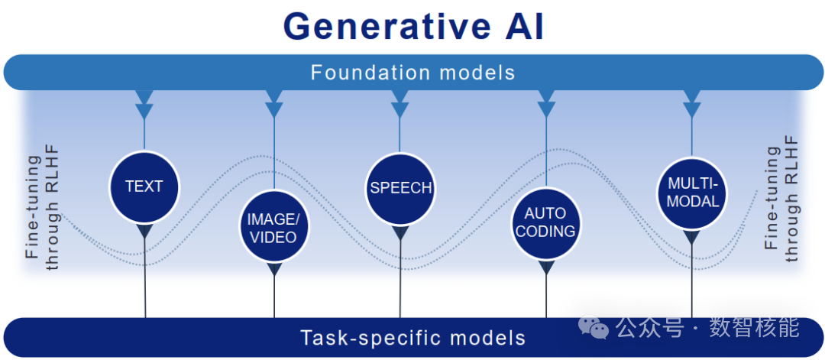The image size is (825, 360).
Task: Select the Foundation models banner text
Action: (412, 73)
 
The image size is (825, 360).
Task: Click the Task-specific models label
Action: (412, 337)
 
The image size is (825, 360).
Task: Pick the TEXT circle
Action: (144, 186)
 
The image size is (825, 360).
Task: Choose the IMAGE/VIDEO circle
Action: (273, 228)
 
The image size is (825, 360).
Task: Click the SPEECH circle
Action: (400, 188)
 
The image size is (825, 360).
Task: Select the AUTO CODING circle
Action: (545, 222)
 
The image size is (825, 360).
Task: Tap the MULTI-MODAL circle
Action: (692, 193)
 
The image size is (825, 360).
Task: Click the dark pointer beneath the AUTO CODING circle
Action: (545, 268)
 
